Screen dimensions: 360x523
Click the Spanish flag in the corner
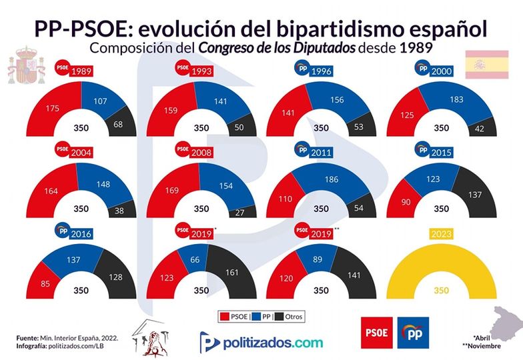481,65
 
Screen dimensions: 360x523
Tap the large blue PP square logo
416,332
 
